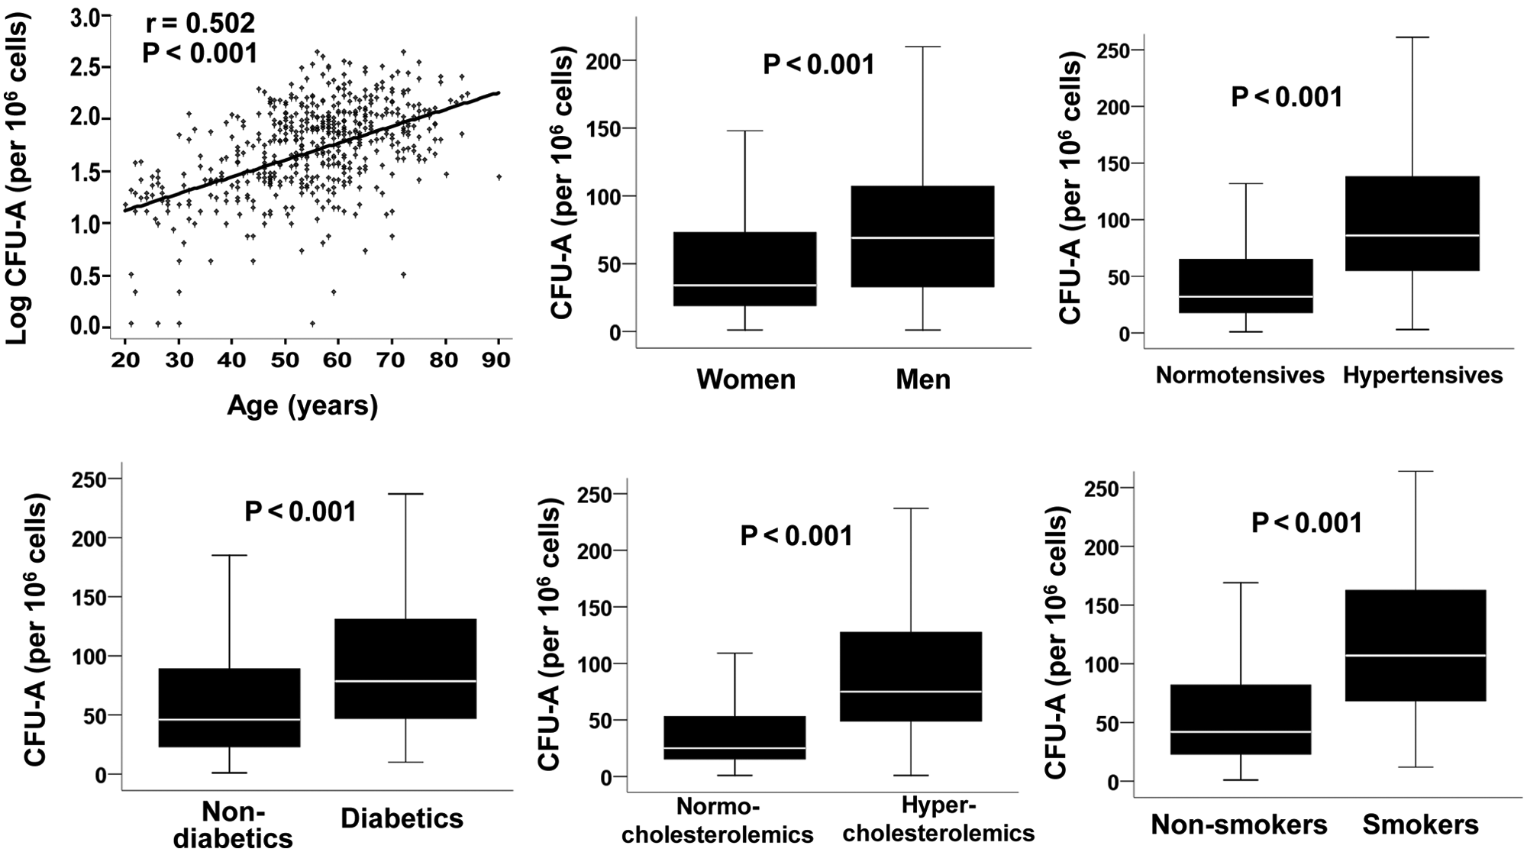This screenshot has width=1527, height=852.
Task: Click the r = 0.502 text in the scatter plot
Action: [200, 24]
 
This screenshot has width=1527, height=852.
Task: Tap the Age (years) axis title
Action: [302, 405]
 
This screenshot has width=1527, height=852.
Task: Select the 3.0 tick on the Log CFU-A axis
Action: [86, 18]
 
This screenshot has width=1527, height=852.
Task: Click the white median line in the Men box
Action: [922, 238]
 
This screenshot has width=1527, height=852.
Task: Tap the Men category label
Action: [923, 379]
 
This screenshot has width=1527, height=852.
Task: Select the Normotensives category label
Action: [1240, 376]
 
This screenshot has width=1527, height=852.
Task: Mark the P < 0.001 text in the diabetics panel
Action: [301, 512]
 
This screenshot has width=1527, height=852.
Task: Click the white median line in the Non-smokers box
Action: [1240, 732]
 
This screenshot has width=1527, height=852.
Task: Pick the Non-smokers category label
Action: [1239, 825]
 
